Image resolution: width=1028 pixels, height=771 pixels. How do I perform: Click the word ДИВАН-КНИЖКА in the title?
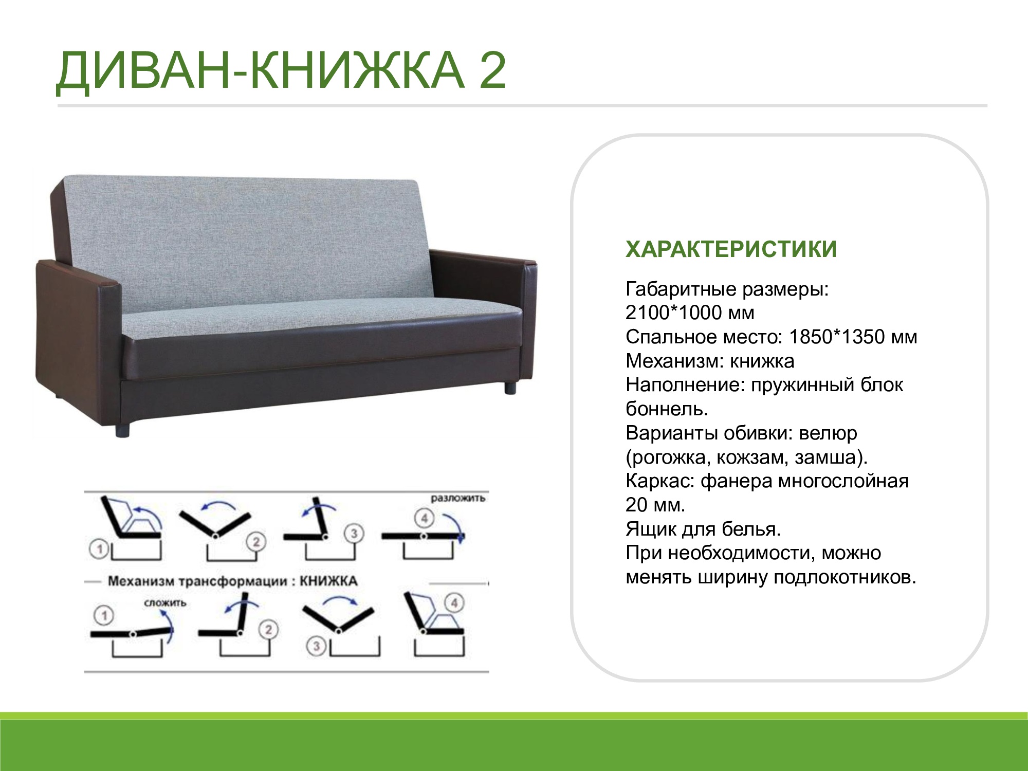tap(260, 70)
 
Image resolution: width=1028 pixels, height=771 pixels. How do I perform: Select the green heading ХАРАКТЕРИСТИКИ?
tap(731, 249)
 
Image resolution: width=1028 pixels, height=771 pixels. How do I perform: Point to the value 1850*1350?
tap(837, 337)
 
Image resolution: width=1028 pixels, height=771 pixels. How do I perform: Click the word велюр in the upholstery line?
tap(828, 434)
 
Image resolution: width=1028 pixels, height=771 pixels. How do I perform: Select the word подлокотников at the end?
tap(845, 578)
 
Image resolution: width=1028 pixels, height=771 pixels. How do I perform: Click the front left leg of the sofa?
tap(122, 430)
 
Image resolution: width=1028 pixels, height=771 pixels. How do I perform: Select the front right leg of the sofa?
tap(510, 387)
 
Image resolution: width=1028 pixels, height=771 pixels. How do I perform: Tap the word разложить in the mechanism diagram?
tap(457, 499)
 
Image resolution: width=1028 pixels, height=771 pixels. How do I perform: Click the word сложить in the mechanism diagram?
tap(165, 603)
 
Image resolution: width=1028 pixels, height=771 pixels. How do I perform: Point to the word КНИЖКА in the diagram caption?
tap(328, 581)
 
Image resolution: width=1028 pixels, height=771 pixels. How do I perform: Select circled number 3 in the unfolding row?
tap(354, 534)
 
